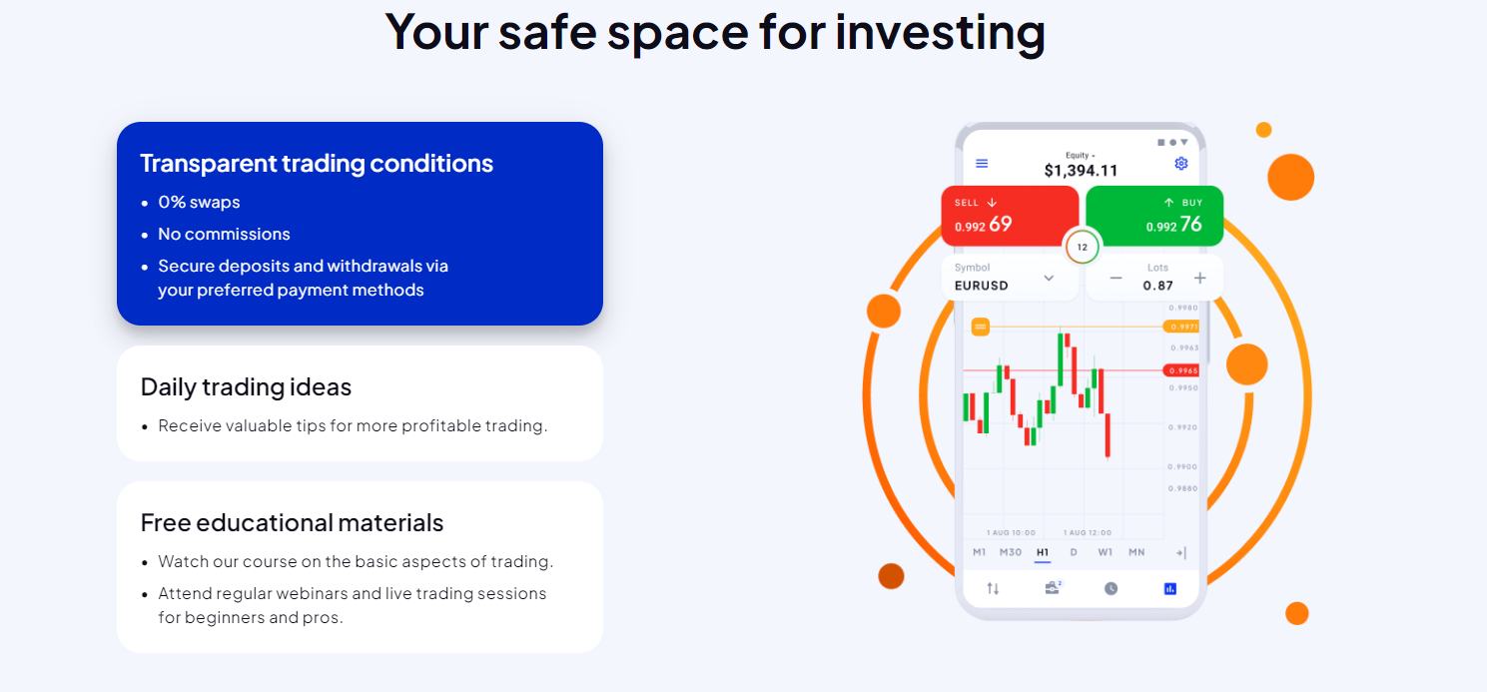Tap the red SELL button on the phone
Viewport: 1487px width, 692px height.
pyautogui.click(x=1009, y=216)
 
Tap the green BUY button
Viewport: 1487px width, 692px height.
pyautogui.click(x=1153, y=216)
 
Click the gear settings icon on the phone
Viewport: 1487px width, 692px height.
pyautogui.click(x=1181, y=164)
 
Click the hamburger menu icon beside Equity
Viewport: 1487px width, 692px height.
pyautogui.click(x=982, y=164)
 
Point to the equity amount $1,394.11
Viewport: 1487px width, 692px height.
pyautogui.click(x=1081, y=171)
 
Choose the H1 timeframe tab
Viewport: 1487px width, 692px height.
pyautogui.click(x=1043, y=552)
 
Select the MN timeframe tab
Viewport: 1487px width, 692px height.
pyautogui.click(x=1136, y=552)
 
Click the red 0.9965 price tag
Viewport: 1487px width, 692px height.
pyautogui.click(x=1182, y=370)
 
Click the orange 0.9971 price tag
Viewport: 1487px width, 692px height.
pyautogui.click(x=1182, y=327)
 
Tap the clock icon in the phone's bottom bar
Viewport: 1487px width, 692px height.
pyautogui.click(x=1111, y=589)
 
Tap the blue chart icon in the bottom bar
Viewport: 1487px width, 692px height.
pyautogui.click(x=1170, y=589)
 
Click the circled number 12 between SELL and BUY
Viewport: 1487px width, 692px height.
pyautogui.click(x=1082, y=247)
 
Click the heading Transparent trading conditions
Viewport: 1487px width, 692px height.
pyautogui.click(x=317, y=164)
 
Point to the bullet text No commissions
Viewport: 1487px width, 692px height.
pyautogui.click(x=224, y=234)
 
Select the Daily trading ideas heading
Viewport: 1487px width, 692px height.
pyautogui.click(x=246, y=386)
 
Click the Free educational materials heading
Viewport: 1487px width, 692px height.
pyautogui.click(x=292, y=522)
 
